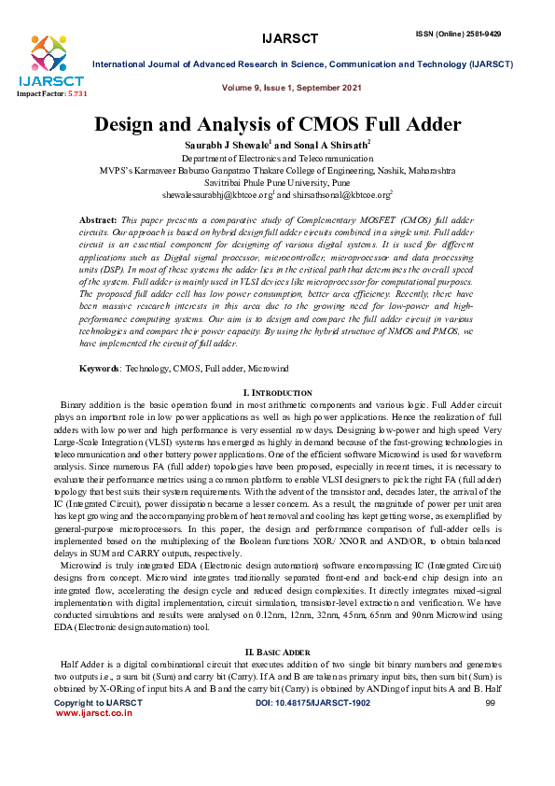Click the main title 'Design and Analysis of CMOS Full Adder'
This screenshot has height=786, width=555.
pos(277,125)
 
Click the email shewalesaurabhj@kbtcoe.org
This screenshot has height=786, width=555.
pos(216,196)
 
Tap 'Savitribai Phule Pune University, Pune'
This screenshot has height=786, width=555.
pos(277,184)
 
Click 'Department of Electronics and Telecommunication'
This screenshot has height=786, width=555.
pos(277,160)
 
